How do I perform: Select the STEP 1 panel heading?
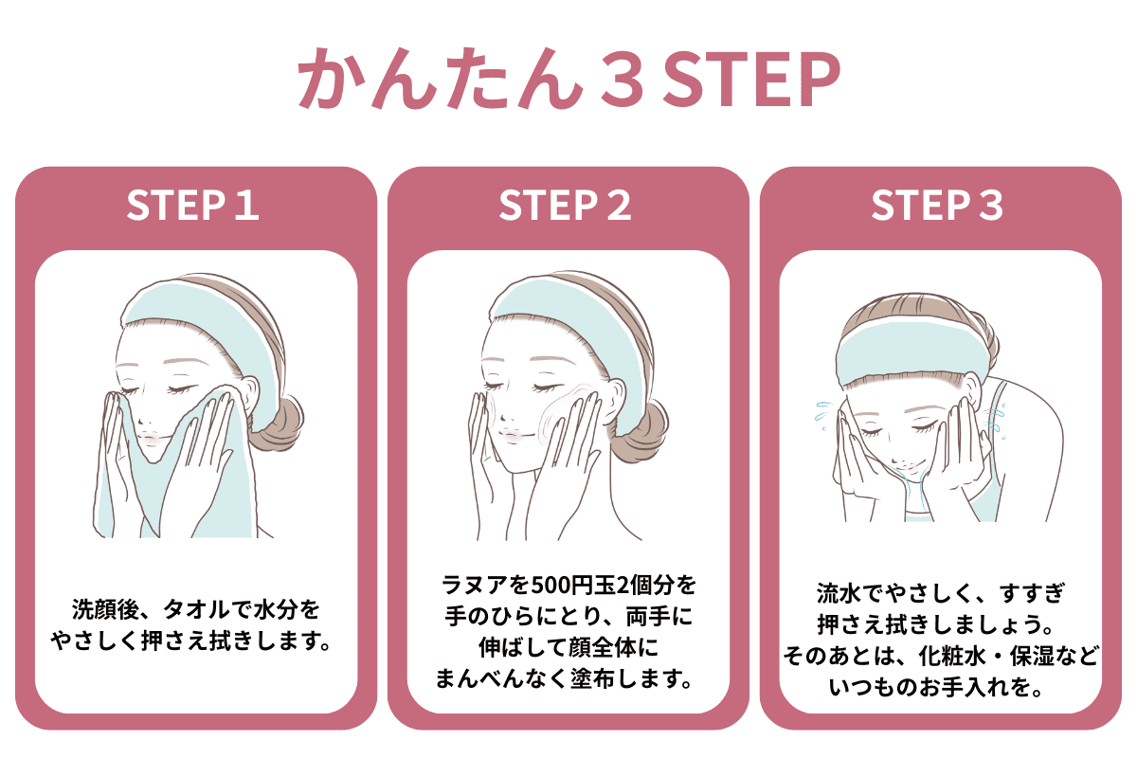[193, 205]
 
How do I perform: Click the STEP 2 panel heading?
[565, 205]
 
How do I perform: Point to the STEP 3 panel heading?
[937, 205]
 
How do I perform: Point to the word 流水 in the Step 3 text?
[839, 593]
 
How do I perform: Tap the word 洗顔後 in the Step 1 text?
[105, 609]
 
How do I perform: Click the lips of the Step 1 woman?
[152, 438]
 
